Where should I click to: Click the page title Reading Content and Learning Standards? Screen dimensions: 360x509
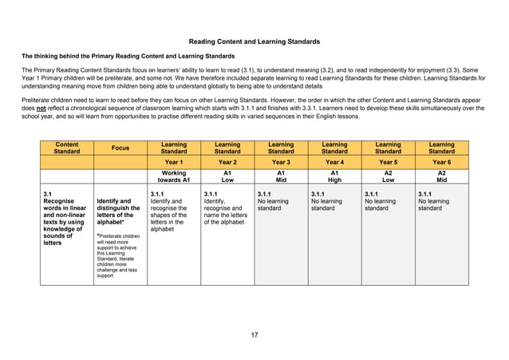[254, 41]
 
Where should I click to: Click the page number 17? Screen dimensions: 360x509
[254, 334]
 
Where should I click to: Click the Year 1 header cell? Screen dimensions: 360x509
[174, 162]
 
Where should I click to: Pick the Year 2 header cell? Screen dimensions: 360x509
[227, 162]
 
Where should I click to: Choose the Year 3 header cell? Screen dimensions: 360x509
[281, 162]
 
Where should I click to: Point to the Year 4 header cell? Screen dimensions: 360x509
[334, 162]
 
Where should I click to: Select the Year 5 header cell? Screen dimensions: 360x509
[388, 162]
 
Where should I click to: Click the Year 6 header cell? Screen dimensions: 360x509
[441, 162]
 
